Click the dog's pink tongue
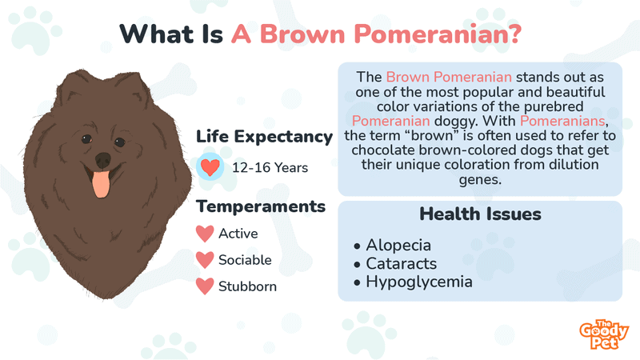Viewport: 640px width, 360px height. coord(101,184)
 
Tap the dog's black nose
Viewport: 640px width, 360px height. coord(103,159)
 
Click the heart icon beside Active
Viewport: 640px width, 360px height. coord(205,234)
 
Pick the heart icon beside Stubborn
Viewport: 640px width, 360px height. coord(205,286)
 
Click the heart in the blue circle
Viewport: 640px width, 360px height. coord(210,167)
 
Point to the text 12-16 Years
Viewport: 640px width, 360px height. coord(270,168)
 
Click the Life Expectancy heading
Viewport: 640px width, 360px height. coord(265,137)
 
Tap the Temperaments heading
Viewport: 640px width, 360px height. coord(261,206)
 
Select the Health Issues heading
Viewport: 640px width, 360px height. coord(481,214)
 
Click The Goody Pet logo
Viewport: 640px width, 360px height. coord(604,334)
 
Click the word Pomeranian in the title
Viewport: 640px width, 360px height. coord(433,34)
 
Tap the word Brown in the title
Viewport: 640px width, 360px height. coord(302,34)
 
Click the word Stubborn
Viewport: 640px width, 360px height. coord(247,286)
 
